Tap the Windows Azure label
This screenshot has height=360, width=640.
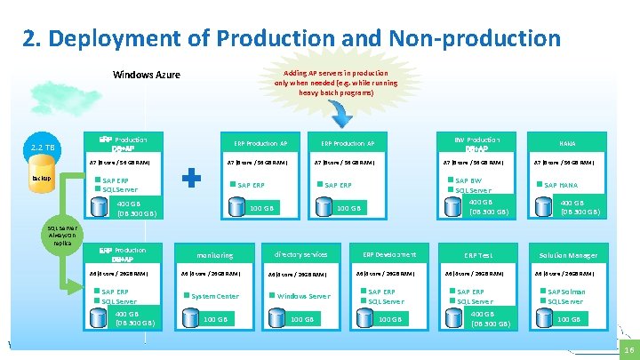click(147, 75)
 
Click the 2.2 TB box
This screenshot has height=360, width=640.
click(42, 147)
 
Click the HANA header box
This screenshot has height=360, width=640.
click(567, 143)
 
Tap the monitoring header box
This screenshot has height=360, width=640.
click(215, 255)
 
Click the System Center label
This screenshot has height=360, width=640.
click(215, 296)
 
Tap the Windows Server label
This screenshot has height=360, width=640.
click(303, 296)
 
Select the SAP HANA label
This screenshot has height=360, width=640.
click(560, 185)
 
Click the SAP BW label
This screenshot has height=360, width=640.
click(468, 180)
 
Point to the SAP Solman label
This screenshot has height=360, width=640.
click(566, 292)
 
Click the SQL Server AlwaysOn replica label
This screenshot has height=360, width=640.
click(62, 235)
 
